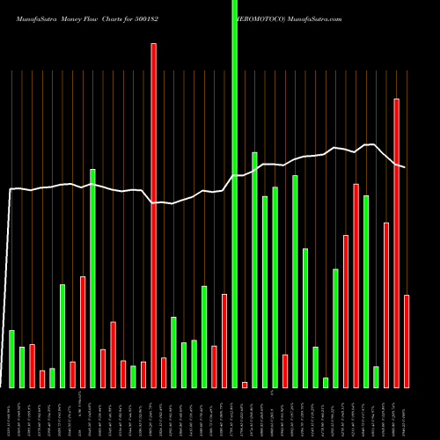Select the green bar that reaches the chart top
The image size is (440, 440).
pos(234,194)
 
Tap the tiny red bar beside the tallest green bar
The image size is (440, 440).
pos(245,385)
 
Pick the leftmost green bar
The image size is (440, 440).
pos(11,359)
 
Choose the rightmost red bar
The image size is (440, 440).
pos(407,341)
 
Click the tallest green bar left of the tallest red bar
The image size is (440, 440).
pos(92,278)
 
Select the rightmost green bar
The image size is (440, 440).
pos(376,377)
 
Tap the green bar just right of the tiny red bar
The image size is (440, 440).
pos(254,269)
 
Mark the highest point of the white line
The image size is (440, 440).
pos(373,144)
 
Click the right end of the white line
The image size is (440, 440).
pos(405,167)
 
